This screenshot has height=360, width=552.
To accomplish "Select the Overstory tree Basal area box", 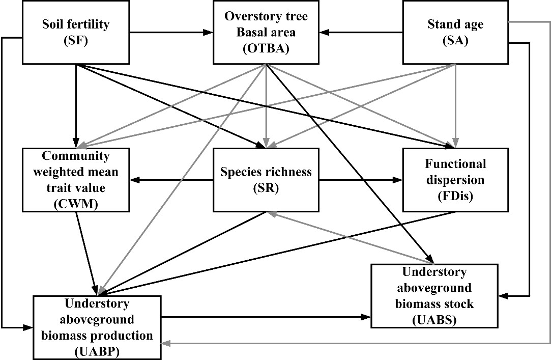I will tap(266, 32).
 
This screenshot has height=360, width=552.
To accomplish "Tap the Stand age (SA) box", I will tap(455, 32).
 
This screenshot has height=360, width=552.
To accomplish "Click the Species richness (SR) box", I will tap(266, 179).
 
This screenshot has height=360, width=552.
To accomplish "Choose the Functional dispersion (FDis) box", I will tap(455, 179).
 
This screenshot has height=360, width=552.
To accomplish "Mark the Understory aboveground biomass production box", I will tap(98, 326).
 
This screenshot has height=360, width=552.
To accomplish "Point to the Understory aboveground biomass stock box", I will tap(434, 296).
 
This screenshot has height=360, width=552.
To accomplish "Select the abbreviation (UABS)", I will tap(434, 320).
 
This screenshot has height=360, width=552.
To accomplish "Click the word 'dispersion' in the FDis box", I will tap(455, 180).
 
